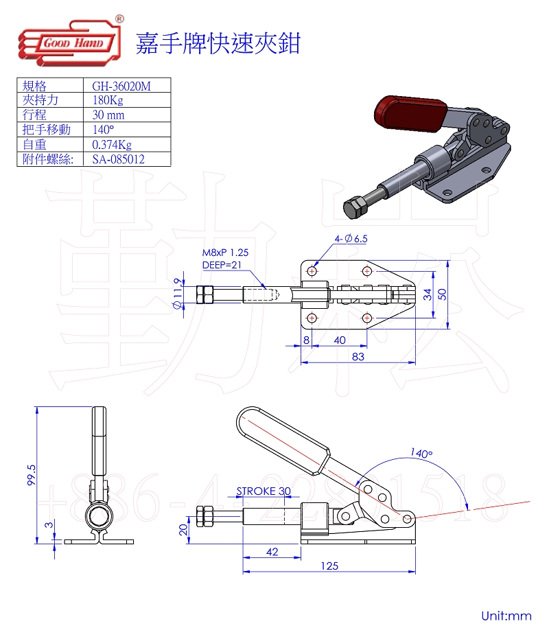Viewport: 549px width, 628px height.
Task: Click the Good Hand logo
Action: click(x=70, y=42)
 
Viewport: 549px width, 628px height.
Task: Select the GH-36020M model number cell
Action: click(x=121, y=86)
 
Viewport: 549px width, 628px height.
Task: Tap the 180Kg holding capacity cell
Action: click(x=108, y=100)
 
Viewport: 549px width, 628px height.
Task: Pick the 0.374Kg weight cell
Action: click(x=112, y=145)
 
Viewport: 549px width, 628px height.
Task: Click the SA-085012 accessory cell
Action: click(x=118, y=159)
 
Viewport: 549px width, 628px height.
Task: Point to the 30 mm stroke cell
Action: click(x=108, y=115)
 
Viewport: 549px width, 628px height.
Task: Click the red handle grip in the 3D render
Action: click(x=411, y=113)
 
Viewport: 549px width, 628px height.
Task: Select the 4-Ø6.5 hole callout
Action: click(x=351, y=239)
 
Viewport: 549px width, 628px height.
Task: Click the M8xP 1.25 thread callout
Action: click(x=225, y=253)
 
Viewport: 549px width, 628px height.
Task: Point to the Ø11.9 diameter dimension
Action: click(x=178, y=294)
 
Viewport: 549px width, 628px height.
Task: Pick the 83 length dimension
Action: click(x=358, y=356)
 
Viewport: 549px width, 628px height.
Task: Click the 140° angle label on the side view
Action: click(x=421, y=453)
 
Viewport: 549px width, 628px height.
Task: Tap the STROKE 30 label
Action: click(x=264, y=491)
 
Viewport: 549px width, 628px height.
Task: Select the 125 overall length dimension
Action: click(x=329, y=566)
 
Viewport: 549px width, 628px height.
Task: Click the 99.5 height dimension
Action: click(x=32, y=476)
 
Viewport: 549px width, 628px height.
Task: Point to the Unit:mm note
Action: click(x=506, y=616)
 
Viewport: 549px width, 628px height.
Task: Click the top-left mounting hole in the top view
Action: click(x=312, y=271)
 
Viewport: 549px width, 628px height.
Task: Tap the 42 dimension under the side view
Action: click(x=272, y=552)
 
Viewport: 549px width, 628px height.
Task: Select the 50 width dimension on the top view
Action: click(x=442, y=294)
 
